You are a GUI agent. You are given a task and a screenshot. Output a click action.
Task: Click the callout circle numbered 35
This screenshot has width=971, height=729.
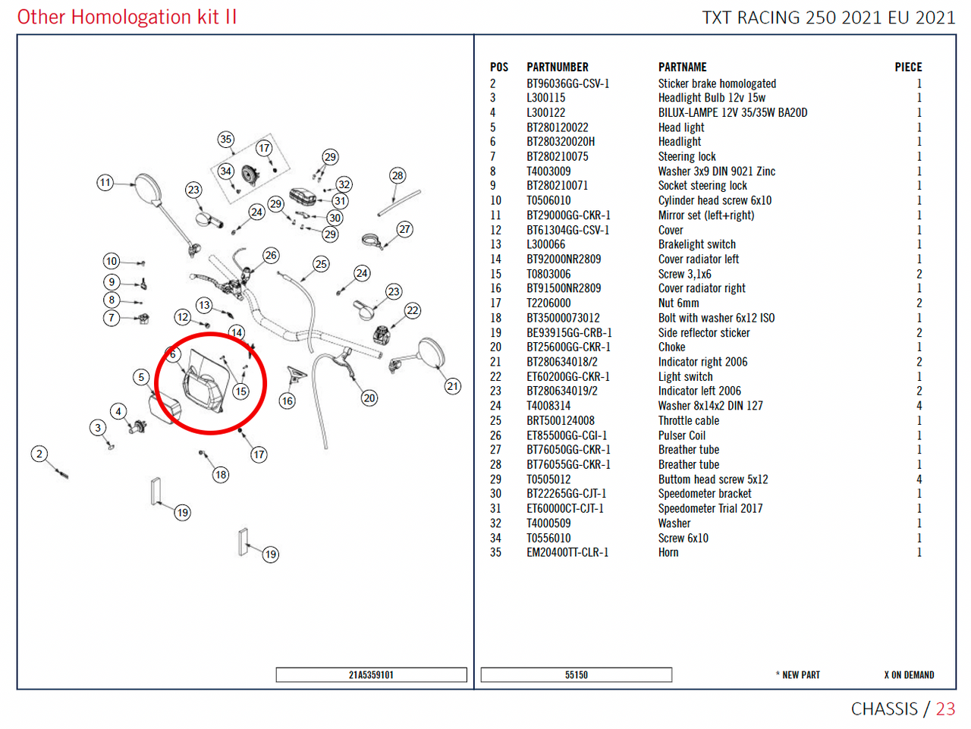tap(225, 139)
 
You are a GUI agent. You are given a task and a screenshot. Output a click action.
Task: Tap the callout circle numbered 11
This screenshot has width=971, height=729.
tap(105, 182)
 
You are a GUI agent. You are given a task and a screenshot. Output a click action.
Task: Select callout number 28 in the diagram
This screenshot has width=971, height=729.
tap(398, 176)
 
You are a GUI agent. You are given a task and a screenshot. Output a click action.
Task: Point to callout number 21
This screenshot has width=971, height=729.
tap(452, 386)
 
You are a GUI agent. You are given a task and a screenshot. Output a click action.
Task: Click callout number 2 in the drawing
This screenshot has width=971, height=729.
tap(39, 454)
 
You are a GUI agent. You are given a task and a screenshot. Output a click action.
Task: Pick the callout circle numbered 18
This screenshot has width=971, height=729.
tap(221, 475)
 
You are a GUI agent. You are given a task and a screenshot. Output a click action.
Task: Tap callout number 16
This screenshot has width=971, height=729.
tap(287, 401)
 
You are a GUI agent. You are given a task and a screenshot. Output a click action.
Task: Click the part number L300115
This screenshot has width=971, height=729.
tap(545, 98)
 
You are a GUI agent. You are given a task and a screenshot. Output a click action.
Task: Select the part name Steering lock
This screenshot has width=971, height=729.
tap(687, 156)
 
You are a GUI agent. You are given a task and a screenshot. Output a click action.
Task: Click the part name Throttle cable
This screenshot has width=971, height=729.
tap(688, 420)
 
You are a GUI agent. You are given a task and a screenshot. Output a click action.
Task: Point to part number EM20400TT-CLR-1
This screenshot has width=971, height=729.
tap(567, 552)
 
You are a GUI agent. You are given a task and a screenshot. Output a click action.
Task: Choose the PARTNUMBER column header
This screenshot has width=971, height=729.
tap(558, 68)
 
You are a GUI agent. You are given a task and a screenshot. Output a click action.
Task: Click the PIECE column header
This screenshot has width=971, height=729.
tap(908, 68)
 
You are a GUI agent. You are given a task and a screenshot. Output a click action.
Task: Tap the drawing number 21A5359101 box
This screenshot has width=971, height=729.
tap(371, 674)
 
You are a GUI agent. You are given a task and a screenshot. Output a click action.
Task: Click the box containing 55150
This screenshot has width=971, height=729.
tap(576, 674)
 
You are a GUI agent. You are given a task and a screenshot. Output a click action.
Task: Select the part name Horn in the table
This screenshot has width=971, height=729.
tap(668, 552)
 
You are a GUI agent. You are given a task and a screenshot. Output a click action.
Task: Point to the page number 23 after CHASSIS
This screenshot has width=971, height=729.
tap(945, 709)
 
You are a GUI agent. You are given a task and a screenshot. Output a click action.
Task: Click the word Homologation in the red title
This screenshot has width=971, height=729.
tap(131, 17)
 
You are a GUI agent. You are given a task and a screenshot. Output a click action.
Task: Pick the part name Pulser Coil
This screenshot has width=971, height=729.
tap(681, 435)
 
